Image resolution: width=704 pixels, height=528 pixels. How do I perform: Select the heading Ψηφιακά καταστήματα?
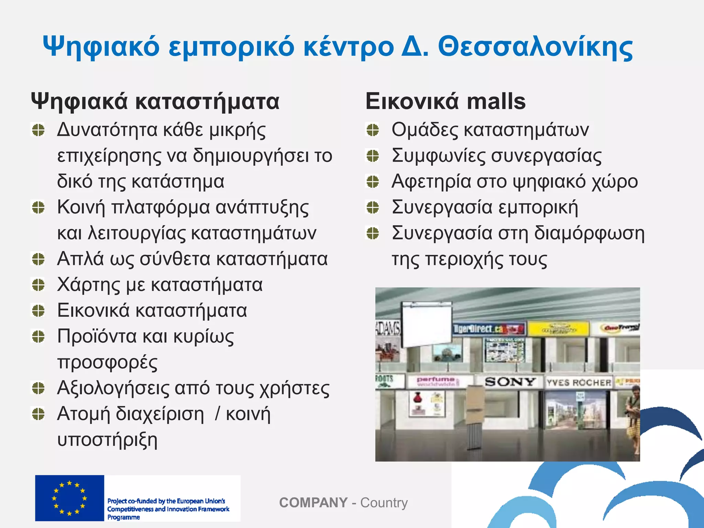pyautogui.click(x=155, y=101)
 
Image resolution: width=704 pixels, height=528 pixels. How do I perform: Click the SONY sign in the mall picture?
pyautogui.click(x=510, y=382)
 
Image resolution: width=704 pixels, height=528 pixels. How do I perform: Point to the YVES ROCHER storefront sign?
pyautogui.click(x=579, y=383)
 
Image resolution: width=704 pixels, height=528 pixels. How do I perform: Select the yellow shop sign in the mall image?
pyautogui.click(x=558, y=329)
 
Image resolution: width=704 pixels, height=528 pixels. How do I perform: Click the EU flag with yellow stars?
pyautogui.click(x=69, y=498)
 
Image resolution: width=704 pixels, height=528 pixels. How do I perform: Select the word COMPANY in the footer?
pyautogui.click(x=313, y=503)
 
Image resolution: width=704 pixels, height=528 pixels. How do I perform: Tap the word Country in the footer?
pyautogui.click(x=384, y=503)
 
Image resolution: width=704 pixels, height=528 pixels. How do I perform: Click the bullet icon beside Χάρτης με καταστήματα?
pyautogui.click(x=38, y=285)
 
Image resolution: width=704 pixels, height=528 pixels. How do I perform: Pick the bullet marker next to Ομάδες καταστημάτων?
pyautogui.click(x=373, y=130)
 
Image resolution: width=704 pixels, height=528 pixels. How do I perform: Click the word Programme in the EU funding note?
pyautogui.click(x=124, y=517)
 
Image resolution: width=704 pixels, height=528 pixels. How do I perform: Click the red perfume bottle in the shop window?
pyautogui.click(x=417, y=399)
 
